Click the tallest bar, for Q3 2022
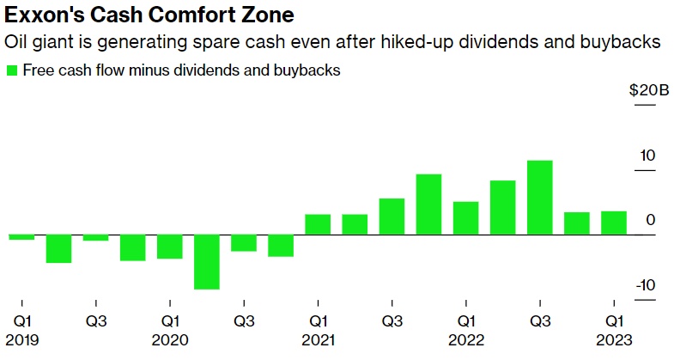tap(539, 198)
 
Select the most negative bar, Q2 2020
tap(207, 262)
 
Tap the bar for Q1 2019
tap(21, 237)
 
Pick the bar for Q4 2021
tap(428, 204)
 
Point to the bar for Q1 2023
tap(613, 223)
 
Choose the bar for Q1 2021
tap(318, 224)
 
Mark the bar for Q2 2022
tap(502, 207)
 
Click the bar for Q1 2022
tap(465, 218)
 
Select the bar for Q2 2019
tap(58, 248)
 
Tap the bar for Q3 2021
tap(392, 217)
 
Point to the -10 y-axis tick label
tap(646, 285)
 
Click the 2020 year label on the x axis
tap(170, 339)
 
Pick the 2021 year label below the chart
tap(318, 339)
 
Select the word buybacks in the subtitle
tap(628, 41)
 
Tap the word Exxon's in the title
tap(40, 15)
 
